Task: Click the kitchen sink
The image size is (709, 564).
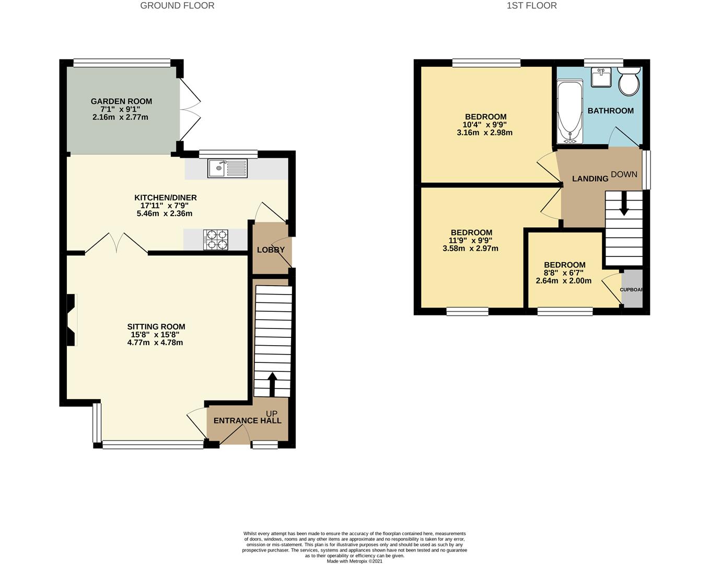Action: point(227,168)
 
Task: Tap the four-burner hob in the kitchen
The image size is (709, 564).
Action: point(216,240)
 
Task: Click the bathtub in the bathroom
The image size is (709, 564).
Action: point(570,112)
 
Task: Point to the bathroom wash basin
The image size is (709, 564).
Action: point(601,77)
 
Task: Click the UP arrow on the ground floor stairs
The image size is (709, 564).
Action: point(272,384)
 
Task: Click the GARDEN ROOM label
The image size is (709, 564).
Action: point(122,101)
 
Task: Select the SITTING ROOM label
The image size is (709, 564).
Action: point(156,326)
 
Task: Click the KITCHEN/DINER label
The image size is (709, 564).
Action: point(166,197)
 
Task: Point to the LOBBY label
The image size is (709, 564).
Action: point(271,250)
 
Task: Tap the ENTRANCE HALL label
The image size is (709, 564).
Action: point(248,420)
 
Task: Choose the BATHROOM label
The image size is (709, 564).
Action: point(610,111)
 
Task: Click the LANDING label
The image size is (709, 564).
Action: point(590,179)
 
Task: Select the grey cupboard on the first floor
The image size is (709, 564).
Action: point(632,289)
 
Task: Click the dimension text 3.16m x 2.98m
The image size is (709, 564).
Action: point(484,133)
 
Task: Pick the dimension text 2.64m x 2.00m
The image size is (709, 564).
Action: point(563,281)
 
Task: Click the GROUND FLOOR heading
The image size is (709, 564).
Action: point(177,6)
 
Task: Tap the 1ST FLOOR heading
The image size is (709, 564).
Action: point(531,6)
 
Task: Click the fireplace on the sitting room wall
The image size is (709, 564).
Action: point(72,320)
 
